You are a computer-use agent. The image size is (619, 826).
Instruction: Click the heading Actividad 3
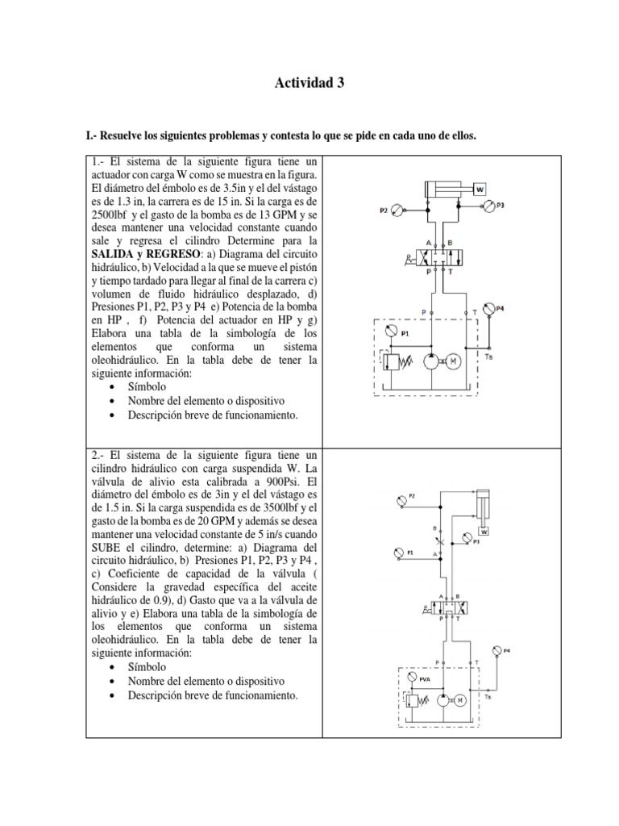point(309,82)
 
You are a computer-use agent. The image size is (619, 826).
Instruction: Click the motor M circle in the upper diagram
point(454,361)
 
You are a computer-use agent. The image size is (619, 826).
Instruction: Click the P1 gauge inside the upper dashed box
point(392,332)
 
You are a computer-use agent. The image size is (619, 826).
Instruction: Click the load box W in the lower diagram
point(484,532)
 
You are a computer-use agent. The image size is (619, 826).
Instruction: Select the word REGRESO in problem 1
point(177,254)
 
